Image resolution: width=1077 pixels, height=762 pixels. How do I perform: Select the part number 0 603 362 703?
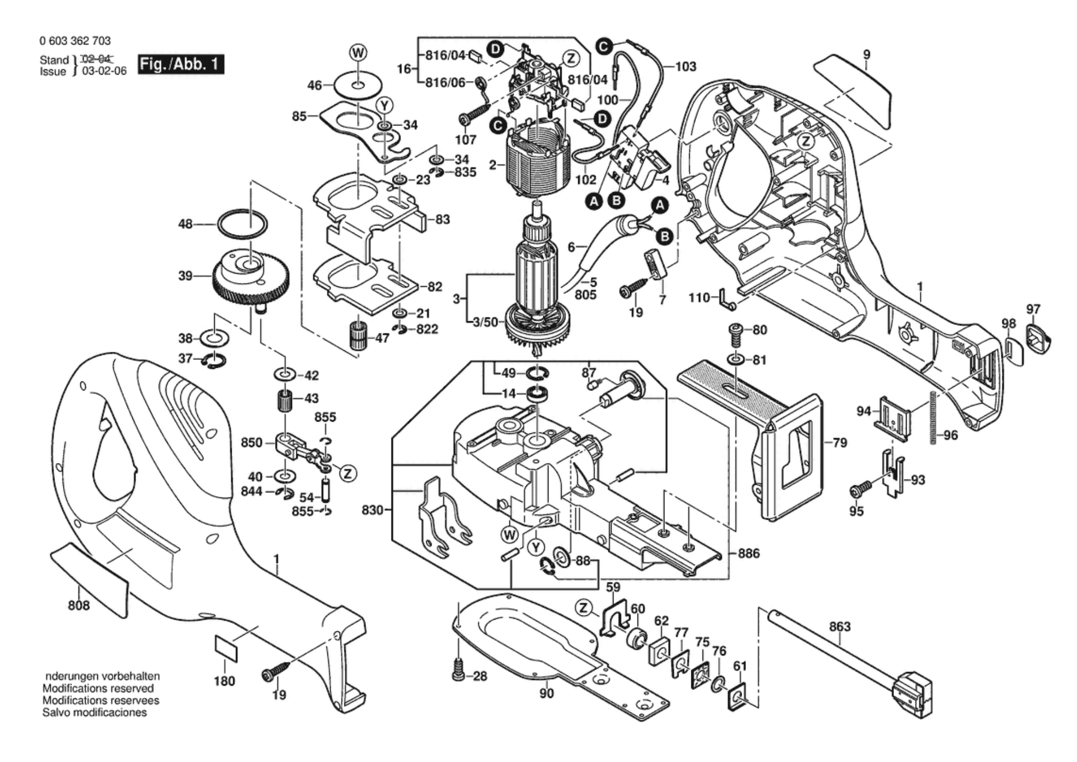[75, 41]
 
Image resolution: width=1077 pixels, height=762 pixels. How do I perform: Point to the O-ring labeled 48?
[243, 224]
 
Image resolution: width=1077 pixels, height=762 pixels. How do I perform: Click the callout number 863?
[839, 627]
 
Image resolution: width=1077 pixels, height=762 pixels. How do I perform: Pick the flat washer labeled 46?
[358, 85]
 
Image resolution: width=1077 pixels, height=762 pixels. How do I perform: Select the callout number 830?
[372, 510]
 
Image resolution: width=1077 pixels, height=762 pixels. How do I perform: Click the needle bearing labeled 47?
[358, 335]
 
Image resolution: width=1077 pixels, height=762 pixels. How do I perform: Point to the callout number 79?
[839, 442]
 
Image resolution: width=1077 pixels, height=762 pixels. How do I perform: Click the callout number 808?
[78, 605]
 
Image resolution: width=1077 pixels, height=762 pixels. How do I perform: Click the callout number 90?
[546, 693]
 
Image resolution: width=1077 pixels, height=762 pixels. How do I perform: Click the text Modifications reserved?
[98, 688]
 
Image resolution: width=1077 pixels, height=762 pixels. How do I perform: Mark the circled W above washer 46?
[358, 53]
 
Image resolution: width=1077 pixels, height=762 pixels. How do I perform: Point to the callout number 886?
[749, 554]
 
